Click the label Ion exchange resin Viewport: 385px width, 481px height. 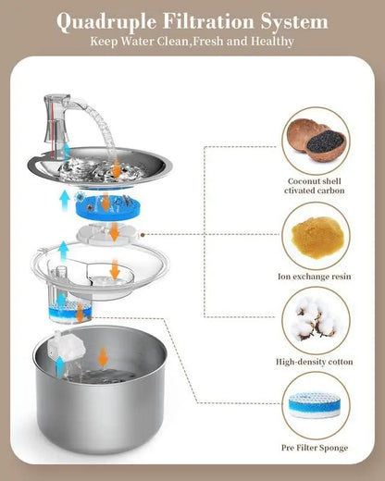316,276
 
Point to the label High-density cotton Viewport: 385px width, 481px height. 316,362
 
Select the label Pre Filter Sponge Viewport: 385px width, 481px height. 316,448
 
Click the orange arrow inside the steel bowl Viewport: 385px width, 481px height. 103,356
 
